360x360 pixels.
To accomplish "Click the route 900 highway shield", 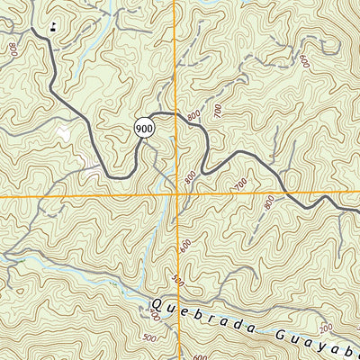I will [145, 129].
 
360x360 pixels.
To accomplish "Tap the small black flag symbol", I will [54, 25].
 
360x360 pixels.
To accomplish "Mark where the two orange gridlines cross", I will [177, 195].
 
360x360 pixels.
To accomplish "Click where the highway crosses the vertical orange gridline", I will [177, 115].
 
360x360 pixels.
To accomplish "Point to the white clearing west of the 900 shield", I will [63, 133].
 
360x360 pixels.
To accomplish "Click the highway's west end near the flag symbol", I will [34, 30].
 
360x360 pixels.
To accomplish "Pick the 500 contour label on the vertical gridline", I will [178, 282].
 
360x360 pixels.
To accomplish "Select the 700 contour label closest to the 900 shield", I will [216, 110].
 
